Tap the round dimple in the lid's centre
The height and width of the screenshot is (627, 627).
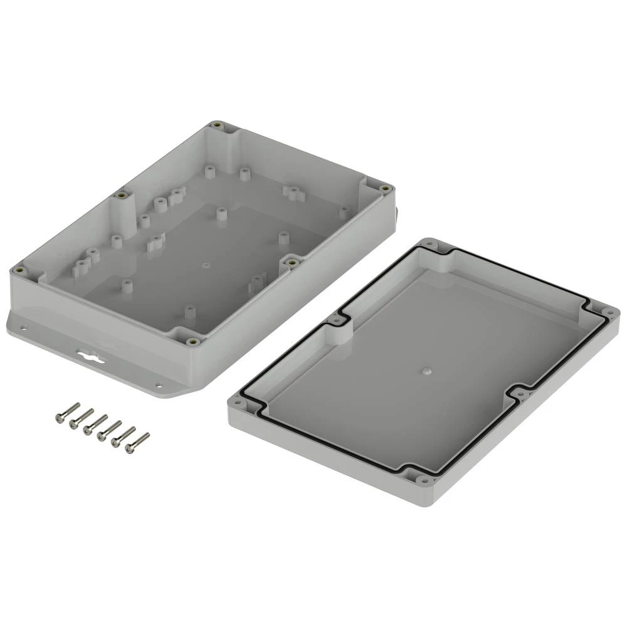point(426,371)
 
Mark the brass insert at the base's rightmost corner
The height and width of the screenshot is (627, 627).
point(384,188)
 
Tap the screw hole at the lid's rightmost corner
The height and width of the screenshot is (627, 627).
point(608,312)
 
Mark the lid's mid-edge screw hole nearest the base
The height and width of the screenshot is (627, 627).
point(337,320)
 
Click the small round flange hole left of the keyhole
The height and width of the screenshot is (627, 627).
point(24,327)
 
